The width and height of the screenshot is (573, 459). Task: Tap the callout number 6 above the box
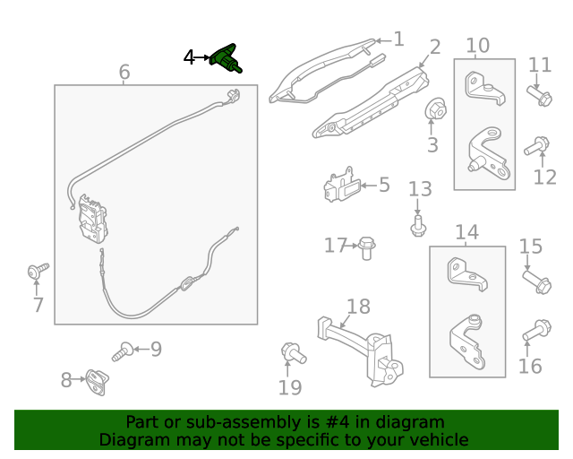tap(124, 72)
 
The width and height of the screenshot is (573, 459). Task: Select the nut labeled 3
tap(436, 108)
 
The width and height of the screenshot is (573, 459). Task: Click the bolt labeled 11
tap(539, 95)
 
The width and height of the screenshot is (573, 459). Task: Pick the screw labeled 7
tap(38, 271)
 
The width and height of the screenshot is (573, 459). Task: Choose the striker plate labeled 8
tap(98, 382)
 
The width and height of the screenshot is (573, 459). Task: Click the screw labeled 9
tap(123, 351)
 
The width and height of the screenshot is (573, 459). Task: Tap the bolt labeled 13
tap(418, 226)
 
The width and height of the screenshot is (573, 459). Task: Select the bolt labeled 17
tap(367, 248)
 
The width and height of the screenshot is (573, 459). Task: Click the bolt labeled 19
tap(294, 353)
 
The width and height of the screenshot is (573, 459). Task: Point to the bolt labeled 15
tap(537, 281)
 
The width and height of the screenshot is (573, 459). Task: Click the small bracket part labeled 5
tap(342, 185)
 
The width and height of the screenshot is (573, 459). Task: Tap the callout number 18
tap(358, 307)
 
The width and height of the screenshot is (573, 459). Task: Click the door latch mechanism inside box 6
tap(93, 220)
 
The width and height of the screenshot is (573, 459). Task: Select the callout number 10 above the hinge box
tap(477, 46)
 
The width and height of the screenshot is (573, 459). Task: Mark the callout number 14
tap(467, 232)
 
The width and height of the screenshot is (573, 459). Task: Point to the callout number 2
tap(435, 48)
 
